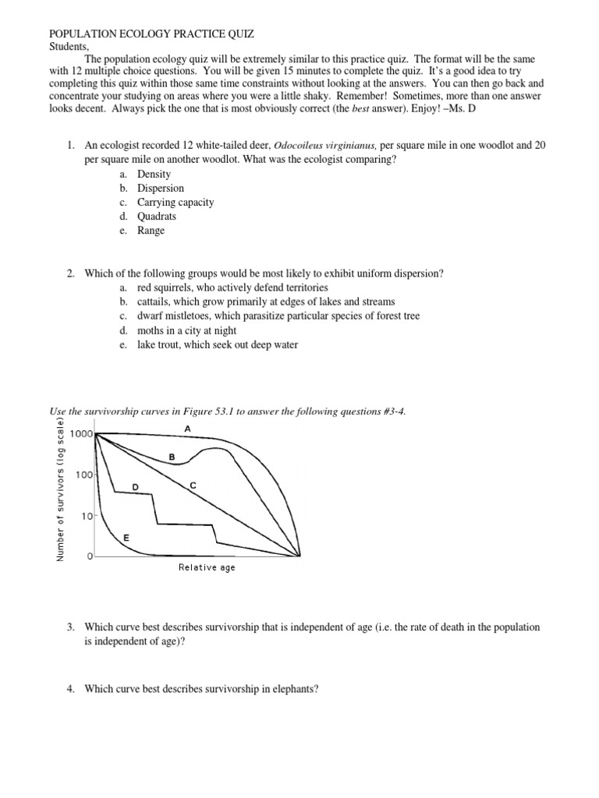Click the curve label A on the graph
187,429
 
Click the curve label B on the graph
172,457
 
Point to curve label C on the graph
193,486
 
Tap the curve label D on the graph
135,487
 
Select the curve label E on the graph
126,538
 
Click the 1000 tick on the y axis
80,434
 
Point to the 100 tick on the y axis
83,475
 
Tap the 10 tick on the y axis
87,516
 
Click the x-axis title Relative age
207,567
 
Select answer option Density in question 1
154,174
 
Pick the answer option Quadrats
157,216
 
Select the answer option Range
151,230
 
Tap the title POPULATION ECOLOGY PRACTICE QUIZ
152,34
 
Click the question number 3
70,627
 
